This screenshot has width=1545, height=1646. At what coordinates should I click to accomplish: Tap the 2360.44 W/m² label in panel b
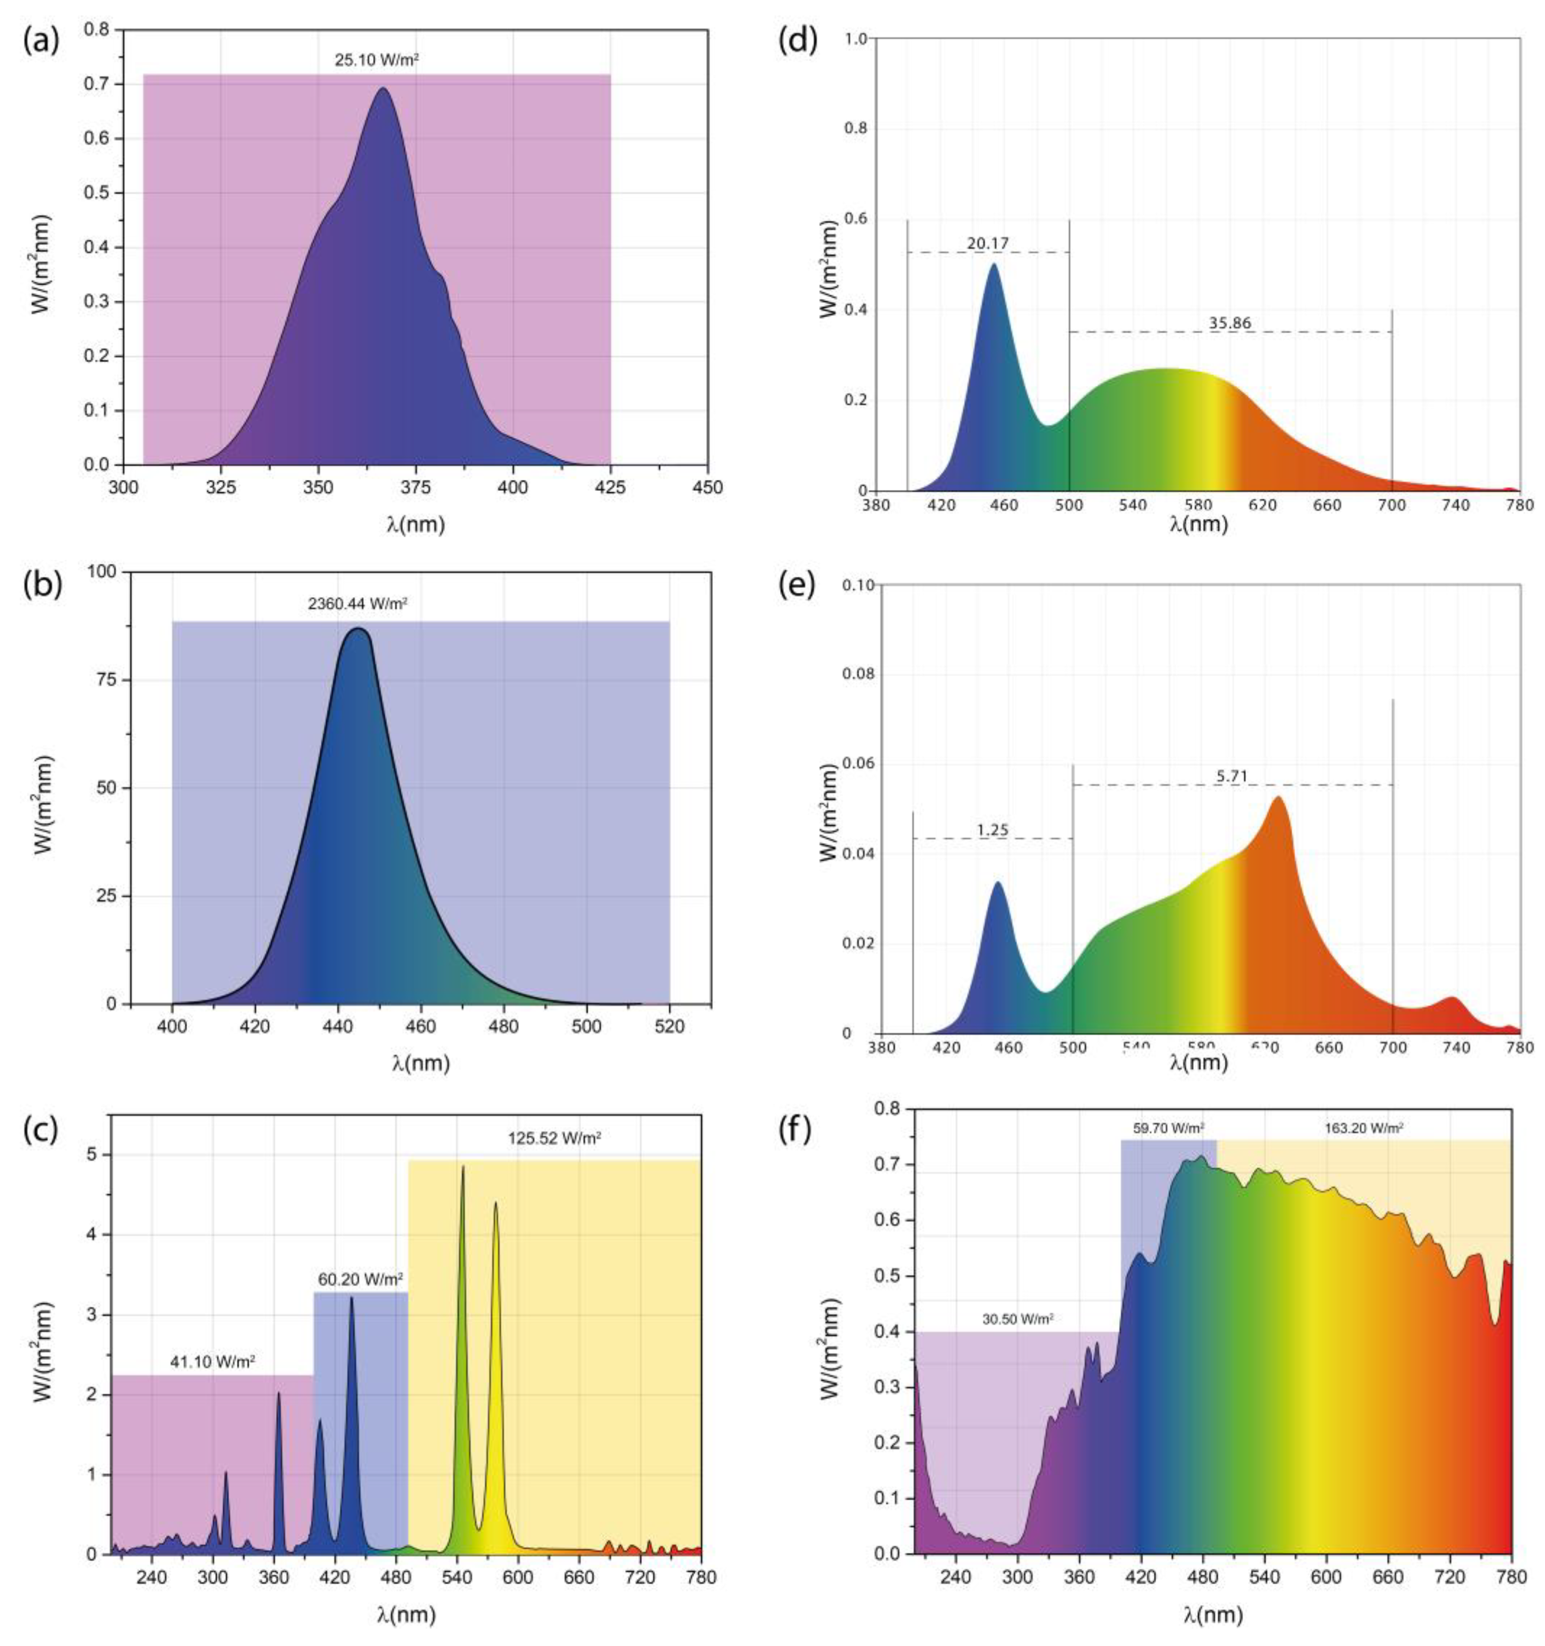[358, 604]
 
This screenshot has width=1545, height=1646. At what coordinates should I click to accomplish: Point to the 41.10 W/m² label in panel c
[212, 1360]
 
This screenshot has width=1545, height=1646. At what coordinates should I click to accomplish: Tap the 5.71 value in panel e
[1232, 776]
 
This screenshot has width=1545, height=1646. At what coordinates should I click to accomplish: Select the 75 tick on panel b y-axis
[109, 680]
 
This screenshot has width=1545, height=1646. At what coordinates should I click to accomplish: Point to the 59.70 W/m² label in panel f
[1167, 1128]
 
